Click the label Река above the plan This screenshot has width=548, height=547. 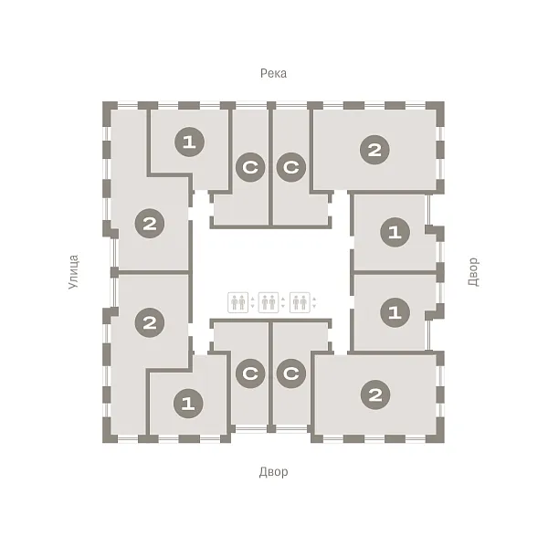[273, 73]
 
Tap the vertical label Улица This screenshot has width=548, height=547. [73, 272]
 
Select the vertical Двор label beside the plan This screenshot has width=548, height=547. [473, 272]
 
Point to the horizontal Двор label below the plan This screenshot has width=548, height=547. [274, 472]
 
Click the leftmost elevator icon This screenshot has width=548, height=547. [238, 302]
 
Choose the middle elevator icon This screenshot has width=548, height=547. [269, 302]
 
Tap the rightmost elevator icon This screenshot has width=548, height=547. [300, 302]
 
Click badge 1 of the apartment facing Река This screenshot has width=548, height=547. [189, 142]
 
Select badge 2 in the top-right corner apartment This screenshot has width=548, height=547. [374, 150]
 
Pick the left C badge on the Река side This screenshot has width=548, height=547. [250, 167]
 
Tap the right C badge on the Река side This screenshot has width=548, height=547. [291, 167]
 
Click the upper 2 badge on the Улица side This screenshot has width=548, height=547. [150, 224]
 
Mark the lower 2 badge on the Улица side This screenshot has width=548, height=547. [150, 322]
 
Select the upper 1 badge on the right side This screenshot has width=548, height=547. [395, 232]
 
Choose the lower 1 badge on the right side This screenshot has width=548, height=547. [395, 312]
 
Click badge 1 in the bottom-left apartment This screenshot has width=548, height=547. [188, 404]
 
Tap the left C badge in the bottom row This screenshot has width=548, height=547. [250, 373]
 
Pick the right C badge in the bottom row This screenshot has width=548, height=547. [291, 373]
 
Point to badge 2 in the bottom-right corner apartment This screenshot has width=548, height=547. [375, 395]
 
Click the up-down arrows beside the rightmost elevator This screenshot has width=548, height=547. [314, 302]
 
